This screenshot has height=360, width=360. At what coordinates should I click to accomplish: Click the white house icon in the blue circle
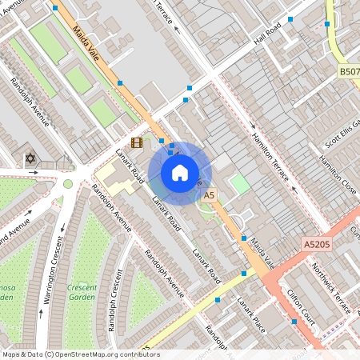[x=180, y=172]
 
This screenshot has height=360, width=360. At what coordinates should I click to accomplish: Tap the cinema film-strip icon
[x=136, y=143]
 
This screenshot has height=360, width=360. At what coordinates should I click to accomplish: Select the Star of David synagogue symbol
[x=32, y=158]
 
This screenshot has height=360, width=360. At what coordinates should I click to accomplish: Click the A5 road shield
[x=210, y=194]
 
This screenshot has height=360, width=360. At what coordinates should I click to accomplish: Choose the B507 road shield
[x=349, y=72]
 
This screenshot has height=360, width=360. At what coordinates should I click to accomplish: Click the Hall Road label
[x=269, y=34]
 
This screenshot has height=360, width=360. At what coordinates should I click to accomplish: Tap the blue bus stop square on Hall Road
[x=290, y=19]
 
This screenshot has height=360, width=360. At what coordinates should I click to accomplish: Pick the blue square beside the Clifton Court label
[x=294, y=322]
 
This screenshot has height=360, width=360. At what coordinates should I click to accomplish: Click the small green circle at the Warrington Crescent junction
[x=68, y=184]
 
